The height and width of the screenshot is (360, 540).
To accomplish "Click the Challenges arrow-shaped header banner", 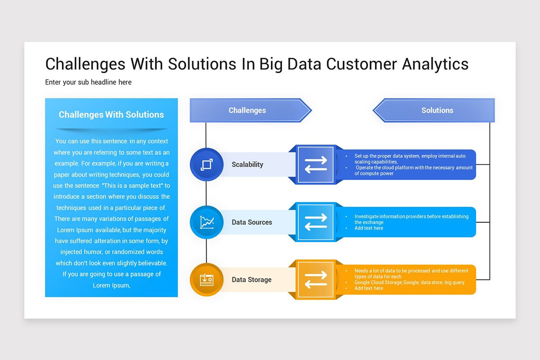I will tap(247, 110).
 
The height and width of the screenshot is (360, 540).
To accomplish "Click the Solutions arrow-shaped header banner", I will tap(436, 110).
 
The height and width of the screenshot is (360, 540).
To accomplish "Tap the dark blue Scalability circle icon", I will tap(207, 165).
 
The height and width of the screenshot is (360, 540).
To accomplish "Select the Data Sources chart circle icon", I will tap(207, 222).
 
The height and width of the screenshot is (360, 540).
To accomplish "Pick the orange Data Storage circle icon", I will tap(207, 279).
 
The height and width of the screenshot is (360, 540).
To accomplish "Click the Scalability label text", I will tap(247, 165).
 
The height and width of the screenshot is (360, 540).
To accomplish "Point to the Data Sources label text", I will tap(252, 222).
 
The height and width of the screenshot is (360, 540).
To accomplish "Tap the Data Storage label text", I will tap(252, 279).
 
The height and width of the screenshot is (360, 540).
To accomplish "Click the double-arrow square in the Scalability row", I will tap(315, 165).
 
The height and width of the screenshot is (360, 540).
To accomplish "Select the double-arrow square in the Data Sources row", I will tap(315, 222).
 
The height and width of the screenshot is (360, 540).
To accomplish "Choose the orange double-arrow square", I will tap(315, 279).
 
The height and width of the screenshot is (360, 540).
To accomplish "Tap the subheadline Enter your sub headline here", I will tap(88, 82).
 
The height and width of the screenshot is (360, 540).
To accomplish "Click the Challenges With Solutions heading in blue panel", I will tap(111, 115).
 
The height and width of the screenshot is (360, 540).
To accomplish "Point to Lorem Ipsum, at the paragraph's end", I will tap(112, 285).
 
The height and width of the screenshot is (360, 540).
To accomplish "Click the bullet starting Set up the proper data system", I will tap(409, 158).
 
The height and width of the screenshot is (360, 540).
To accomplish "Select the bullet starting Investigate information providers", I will tap(411, 219).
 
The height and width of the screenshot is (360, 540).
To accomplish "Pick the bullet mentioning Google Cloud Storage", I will tap(409, 283).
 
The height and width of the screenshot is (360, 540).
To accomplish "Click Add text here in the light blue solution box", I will tap(369, 228).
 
